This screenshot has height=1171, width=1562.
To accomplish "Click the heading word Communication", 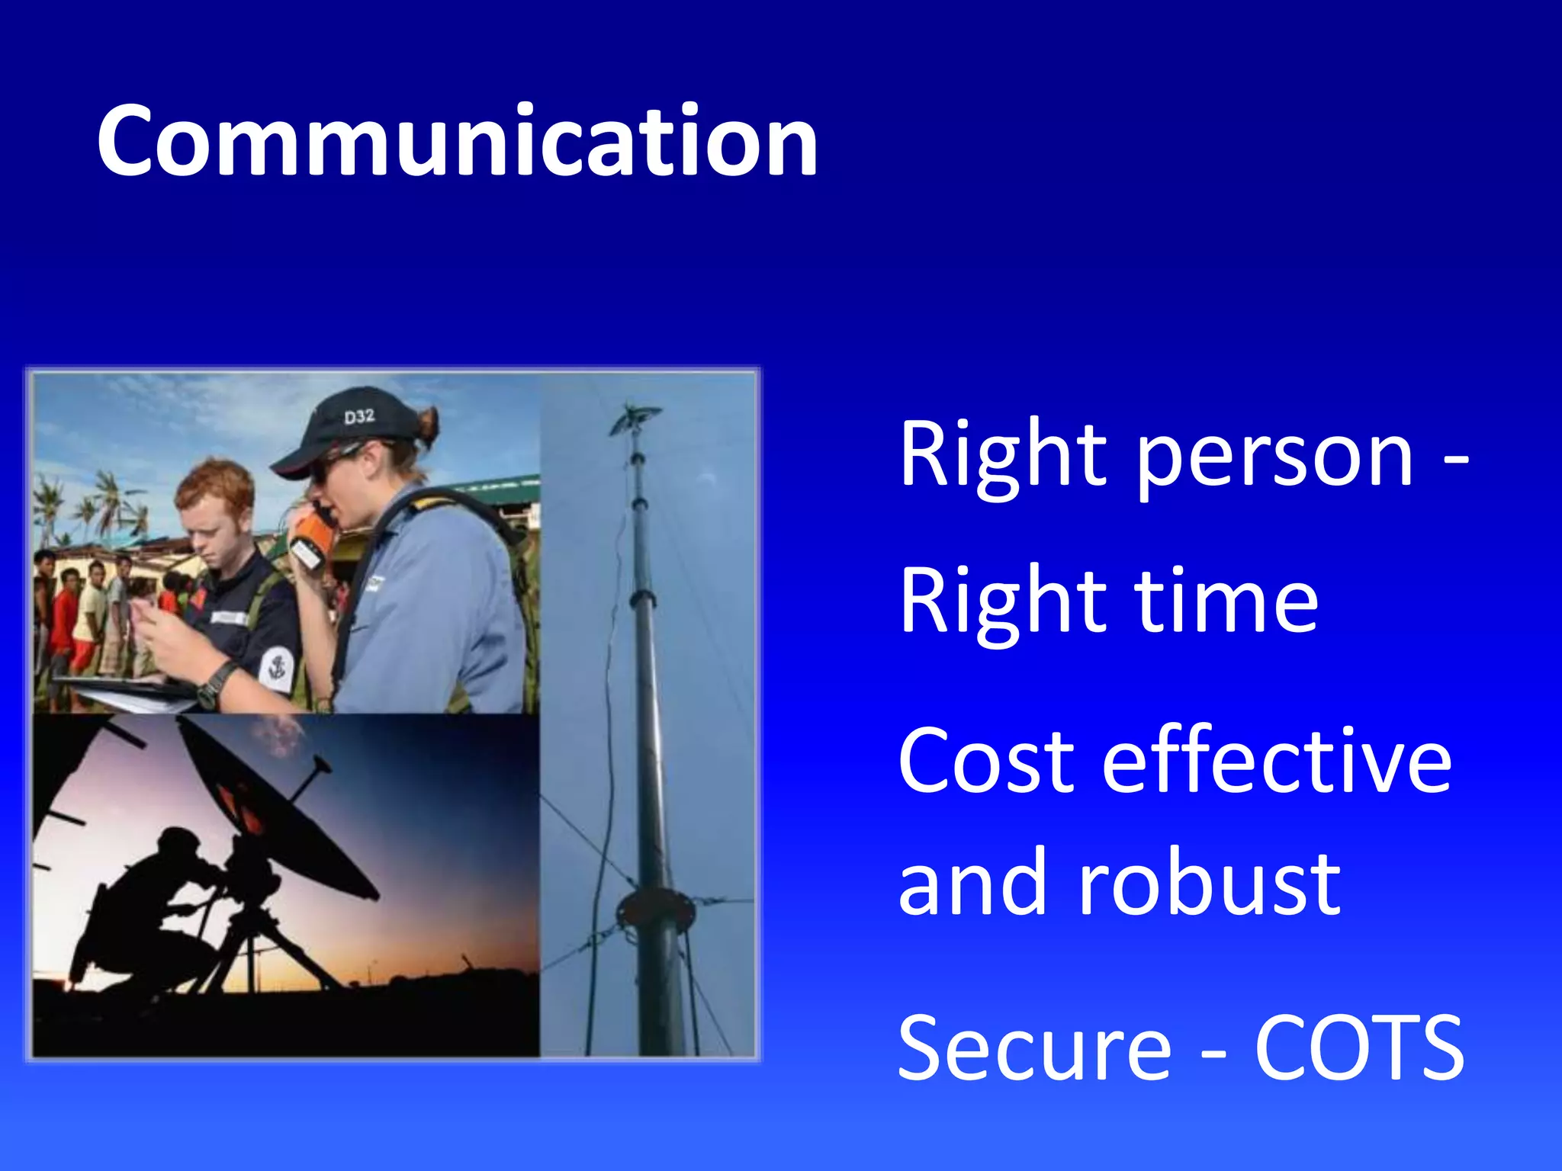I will tap(458, 143).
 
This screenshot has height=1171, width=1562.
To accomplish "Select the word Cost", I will tap(987, 762).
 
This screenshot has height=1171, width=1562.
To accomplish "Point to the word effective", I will tap(1277, 762).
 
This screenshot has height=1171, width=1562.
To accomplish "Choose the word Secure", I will tap(1034, 1047).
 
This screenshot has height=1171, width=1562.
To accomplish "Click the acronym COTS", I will tap(1359, 1047).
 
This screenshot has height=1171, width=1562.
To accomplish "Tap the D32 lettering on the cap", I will tap(359, 416).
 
